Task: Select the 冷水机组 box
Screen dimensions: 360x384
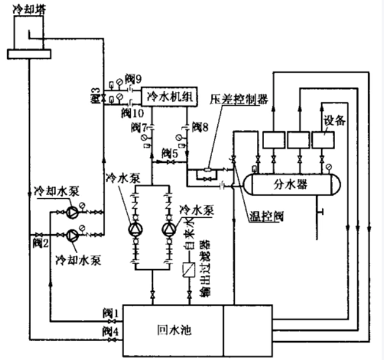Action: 165,96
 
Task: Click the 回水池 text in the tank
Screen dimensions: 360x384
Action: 172,329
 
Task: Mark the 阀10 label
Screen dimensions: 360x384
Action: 133,112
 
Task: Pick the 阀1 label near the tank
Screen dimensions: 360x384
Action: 111,312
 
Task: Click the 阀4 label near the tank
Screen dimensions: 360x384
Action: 111,330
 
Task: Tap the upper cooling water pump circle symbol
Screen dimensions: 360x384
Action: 72,211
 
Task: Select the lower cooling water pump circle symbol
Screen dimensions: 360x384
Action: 72,235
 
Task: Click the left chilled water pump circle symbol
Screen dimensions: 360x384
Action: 134,230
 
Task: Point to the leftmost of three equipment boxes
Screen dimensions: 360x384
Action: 274,141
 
